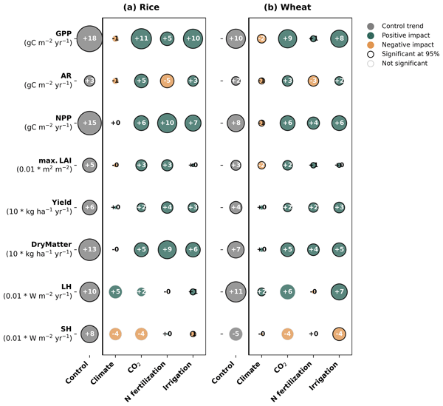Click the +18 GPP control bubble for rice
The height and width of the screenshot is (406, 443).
[x=89, y=38]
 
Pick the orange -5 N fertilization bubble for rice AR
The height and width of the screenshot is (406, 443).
[x=167, y=81]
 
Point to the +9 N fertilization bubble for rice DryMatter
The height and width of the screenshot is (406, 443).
[x=167, y=250]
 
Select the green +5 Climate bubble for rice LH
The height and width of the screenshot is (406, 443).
[x=115, y=292]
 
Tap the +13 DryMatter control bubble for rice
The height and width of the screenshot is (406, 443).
[x=89, y=250]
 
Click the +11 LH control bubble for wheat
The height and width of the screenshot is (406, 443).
[x=236, y=292]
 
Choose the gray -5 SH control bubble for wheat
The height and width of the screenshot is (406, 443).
[x=236, y=334]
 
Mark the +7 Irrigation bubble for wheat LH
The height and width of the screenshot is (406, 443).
[x=339, y=292]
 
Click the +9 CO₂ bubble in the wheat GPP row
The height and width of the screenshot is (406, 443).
[x=287, y=38]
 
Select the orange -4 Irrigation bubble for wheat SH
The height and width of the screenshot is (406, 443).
[x=339, y=334]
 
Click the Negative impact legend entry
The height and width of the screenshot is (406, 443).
[x=400, y=53]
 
